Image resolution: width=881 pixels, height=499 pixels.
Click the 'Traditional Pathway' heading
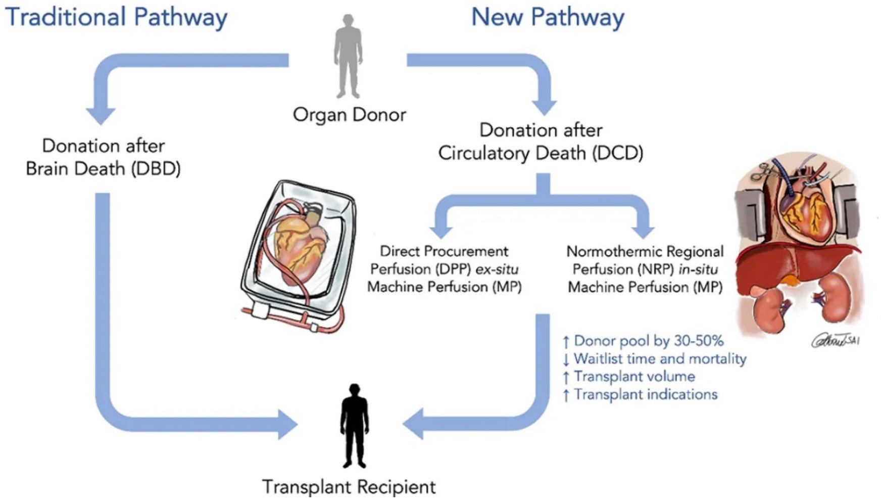pos(116,17)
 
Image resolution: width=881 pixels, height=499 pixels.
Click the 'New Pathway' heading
pos(548,17)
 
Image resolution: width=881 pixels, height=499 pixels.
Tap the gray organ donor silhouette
pos(348,56)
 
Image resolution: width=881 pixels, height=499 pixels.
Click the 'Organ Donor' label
pos(349,115)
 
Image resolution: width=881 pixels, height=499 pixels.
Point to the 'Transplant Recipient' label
pos(349,487)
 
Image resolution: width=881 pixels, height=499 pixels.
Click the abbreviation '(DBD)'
pos(156,168)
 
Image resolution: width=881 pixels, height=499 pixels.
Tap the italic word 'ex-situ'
pos(497,269)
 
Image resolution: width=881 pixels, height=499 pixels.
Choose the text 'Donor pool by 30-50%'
pos(649,341)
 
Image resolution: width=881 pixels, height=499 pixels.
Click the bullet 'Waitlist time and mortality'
pos(660,359)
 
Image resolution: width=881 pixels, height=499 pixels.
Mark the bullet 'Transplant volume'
pos(634,377)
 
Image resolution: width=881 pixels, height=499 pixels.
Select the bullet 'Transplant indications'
pos(646,394)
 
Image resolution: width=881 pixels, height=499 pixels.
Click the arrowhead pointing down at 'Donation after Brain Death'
pos(101,116)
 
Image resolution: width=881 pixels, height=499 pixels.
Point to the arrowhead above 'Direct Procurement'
pos(442,231)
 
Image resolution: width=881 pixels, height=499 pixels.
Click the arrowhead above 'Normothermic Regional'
pos(643,231)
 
